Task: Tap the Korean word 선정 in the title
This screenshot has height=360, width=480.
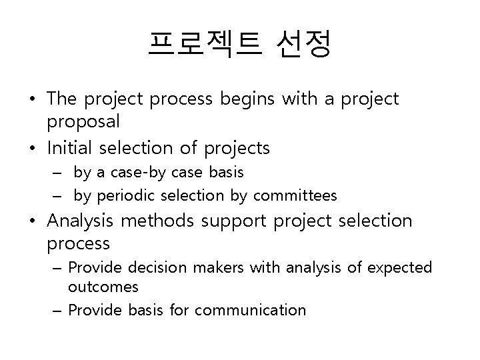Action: tap(303, 45)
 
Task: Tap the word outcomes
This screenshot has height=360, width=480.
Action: tap(103, 287)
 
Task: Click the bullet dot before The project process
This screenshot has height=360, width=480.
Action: tap(32, 100)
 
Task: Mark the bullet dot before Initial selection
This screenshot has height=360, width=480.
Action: tap(32, 147)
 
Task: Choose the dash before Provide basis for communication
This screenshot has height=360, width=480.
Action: tap(58, 310)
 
